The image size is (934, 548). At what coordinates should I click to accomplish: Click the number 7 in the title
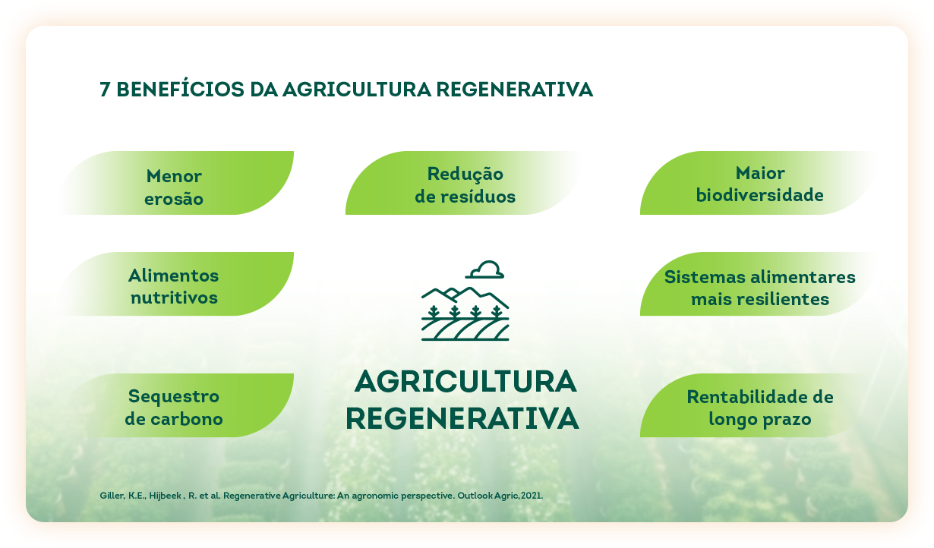(105, 90)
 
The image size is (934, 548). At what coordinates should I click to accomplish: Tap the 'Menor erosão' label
(174, 187)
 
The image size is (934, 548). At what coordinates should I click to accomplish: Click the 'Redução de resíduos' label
(465, 185)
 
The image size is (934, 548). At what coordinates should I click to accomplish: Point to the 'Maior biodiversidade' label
(759, 184)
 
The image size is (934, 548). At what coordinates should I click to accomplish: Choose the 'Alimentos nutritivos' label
(173, 287)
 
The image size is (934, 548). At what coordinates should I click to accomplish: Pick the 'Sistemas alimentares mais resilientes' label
(759, 288)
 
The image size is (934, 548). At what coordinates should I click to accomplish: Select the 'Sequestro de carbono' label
(173, 408)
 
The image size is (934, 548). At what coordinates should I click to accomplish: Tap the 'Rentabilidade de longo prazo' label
(759, 408)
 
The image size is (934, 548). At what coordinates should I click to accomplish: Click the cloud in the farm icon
(484, 270)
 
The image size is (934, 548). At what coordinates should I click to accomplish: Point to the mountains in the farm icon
(465, 297)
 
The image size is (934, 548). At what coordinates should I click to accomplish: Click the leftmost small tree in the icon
(434, 312)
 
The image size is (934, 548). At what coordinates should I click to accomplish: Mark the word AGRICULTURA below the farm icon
(465, 381)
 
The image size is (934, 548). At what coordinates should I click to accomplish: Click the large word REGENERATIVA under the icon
(462, 418)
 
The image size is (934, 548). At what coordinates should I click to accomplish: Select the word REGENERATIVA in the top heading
(515, 90)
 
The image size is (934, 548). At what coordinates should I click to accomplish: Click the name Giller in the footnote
(112, 496)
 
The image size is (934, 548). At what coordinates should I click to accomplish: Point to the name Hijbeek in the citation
(165, 496)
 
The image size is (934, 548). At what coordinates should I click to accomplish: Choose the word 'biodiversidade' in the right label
(759, 195)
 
